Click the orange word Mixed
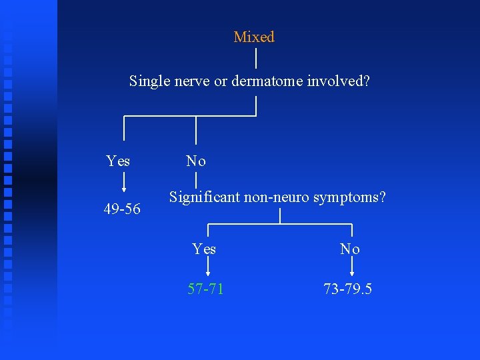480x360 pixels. coord(254,37)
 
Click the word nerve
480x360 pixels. coord(193,81)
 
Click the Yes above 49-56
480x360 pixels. coord(119,161)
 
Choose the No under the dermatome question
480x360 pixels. coord(196,161)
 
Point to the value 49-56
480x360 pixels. coord(122,209)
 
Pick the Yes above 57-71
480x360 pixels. coord(204,249)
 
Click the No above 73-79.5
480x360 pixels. coord(350,249)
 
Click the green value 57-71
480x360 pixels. coord(205,289)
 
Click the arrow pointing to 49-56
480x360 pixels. coord(123,184)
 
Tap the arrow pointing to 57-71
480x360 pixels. coord(209,267)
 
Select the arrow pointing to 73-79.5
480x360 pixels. coord(352,267)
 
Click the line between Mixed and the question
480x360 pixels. coord(257,58)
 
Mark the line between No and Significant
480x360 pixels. coord(196,179)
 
